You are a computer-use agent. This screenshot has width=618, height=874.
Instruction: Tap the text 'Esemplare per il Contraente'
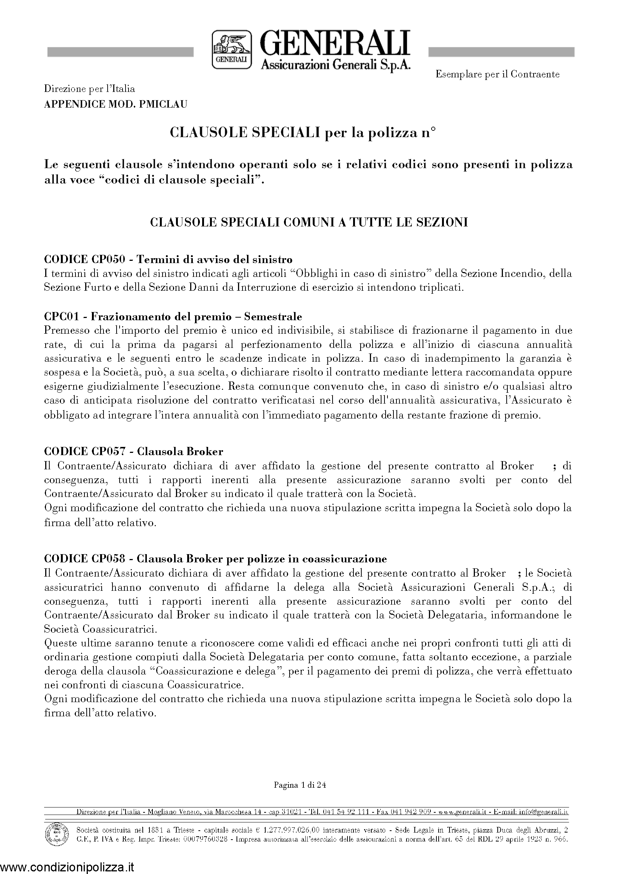[x=497, y=74]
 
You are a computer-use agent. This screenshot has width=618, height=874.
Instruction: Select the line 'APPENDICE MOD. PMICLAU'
[x=116, y=104]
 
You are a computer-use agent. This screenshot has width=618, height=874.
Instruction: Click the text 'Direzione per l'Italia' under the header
[x=90, y=89]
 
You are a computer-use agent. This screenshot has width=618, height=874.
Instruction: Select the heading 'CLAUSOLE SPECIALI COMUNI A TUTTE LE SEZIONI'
[x=309, y=222]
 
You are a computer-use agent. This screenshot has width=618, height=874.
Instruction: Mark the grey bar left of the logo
[x=120, y=52]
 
